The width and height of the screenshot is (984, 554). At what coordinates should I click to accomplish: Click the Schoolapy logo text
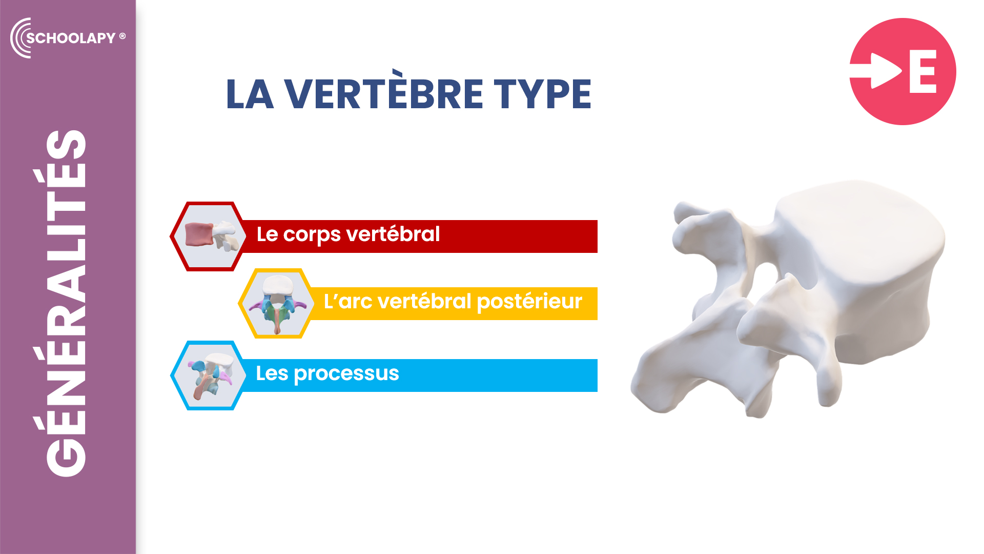(71, 38)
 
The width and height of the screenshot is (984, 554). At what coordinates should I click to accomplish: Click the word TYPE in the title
(543, 94)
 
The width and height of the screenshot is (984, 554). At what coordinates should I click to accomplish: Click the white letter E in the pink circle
(923, 71)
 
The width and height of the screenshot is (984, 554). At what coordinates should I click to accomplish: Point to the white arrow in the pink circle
(876, 71)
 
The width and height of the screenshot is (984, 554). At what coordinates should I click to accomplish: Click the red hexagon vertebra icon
(209, 236)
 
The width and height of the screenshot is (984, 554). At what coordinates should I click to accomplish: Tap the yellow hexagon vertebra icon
(277, 304)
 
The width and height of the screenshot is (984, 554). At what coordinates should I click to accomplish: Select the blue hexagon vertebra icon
(209, 375)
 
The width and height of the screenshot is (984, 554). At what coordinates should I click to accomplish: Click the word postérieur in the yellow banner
(529, 302)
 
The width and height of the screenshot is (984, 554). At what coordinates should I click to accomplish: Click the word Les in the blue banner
(272, 373)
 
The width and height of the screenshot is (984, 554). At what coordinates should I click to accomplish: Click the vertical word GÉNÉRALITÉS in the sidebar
(66, 303)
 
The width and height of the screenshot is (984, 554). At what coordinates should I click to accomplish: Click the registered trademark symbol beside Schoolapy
(122, 36)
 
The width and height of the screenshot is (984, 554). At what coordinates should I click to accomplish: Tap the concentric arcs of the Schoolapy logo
(19, 38)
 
